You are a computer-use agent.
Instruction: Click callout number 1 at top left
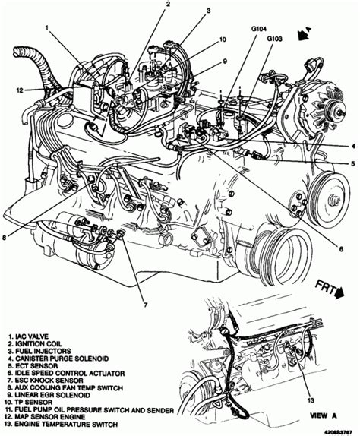[47, 30]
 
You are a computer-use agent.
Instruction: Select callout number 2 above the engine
[165, 5]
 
